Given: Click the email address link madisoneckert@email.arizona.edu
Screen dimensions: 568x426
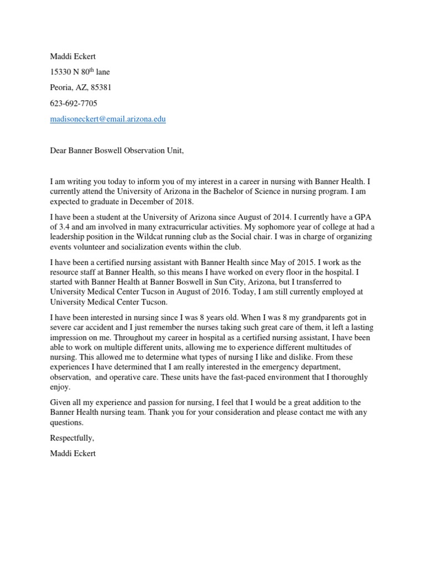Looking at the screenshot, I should click(x=108, y=119).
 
